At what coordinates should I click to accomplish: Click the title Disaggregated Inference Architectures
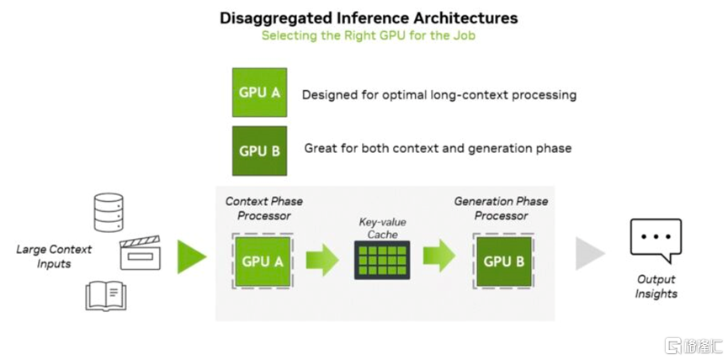pyautogui.click(x=369, y=19)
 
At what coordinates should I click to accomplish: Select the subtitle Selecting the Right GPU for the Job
pyautogui.click(x=368, y=35)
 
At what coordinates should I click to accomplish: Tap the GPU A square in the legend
pyautogui.click(x=259, y=93)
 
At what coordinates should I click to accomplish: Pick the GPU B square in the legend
pyautogui.click(x=259, y=151)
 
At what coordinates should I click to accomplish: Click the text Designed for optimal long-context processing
pyautogui.click(x=439, y=95)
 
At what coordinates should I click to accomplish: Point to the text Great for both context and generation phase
pyautogui.click(x=438, y=148)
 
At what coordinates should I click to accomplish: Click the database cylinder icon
pyautogui.click(x=109, y=213)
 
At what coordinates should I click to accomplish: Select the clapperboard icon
pyautogui.click(x=141, y=253)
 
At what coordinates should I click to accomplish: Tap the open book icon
pyautogui.click(x=106, y=295)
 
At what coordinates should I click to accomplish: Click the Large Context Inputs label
pyautogui.click(x=54, y=257)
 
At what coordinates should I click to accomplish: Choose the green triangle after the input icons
pyautogui.click(x=192, y=257)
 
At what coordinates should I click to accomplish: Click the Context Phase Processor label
pyautogui.click(x=263, y=209)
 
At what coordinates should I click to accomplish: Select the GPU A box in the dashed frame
pyautogui.click(x=263, y=262)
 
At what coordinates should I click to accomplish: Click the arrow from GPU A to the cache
pyautogui.click(x=322, y=260)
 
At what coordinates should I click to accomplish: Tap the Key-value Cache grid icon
pyautogui.click(x=382, y=260)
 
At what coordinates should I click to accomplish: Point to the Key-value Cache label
pyautogui.click(x=383, y=228)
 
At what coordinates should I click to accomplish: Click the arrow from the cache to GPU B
pyautogui.click(x=439, y=256)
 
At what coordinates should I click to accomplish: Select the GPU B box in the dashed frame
pyautogui.click(x=504, y=262)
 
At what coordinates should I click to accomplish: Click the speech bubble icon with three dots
pyautogui.click(x=656, y=241)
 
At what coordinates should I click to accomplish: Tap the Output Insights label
pyautogui.click(x=656, y=287)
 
